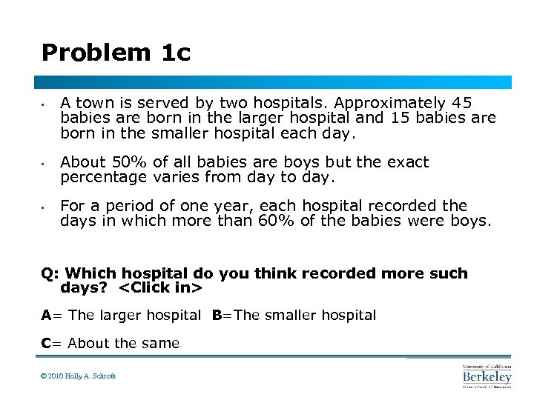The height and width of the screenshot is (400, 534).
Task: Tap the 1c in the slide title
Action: pos(174,53)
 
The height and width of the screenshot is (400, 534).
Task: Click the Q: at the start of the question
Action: pos(50,273)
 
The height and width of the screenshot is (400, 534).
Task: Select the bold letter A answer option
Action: pos(46,316)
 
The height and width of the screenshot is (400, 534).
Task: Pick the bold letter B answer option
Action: pos(217,316)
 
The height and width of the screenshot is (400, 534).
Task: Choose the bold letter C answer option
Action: pos(46,343)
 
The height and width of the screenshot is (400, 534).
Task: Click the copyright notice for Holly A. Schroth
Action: pos(78,376)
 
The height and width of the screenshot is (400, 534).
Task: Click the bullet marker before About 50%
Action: pos(44,162)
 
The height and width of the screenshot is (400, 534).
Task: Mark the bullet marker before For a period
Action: pos(44,206)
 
